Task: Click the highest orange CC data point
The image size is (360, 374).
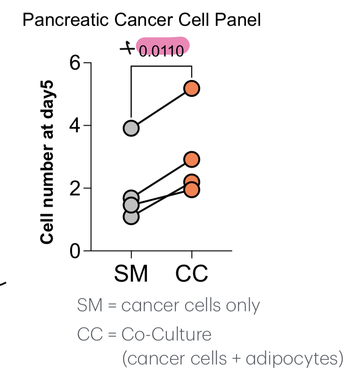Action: coord(192,88)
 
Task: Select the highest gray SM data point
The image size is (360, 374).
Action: coord(131,128)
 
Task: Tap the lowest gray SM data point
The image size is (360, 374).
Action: coord(131,217)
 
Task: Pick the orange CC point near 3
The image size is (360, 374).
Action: coord(192,160)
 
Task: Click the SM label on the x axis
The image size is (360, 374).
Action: coord(131,274)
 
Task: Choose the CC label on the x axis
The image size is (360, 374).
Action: coord(192,274)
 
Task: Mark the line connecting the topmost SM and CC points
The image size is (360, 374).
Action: coord(162,108)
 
